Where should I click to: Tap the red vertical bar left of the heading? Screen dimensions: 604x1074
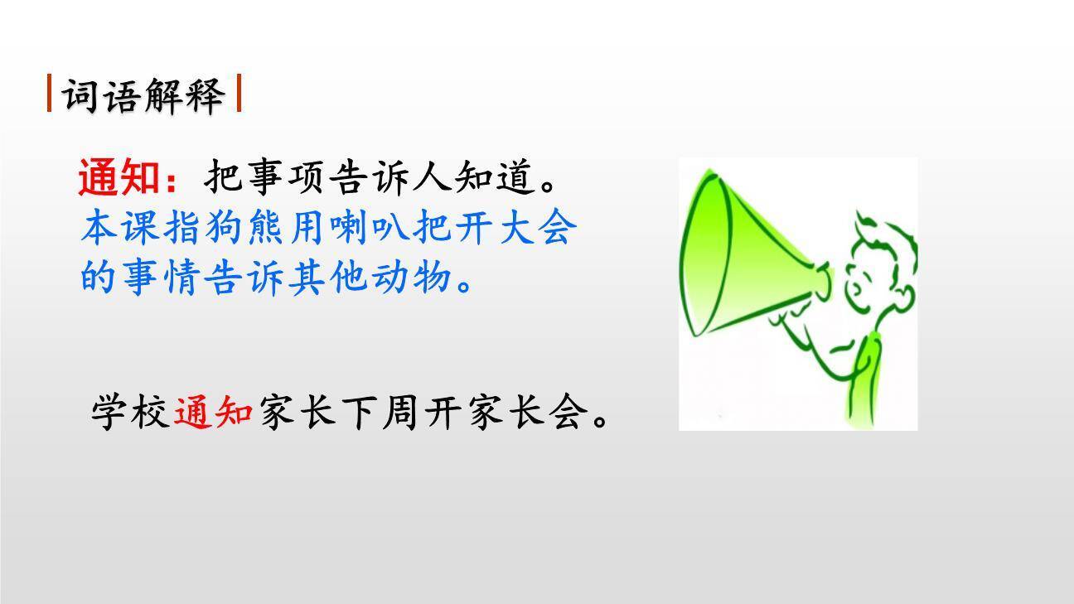coord(50,94)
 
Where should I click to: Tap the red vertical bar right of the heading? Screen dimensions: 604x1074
coord(239,94)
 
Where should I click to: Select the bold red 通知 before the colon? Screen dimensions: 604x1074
coord(119,177)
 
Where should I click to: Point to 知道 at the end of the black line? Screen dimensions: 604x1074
coord(494,177)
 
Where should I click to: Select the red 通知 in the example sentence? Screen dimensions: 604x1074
coord(214,412)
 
